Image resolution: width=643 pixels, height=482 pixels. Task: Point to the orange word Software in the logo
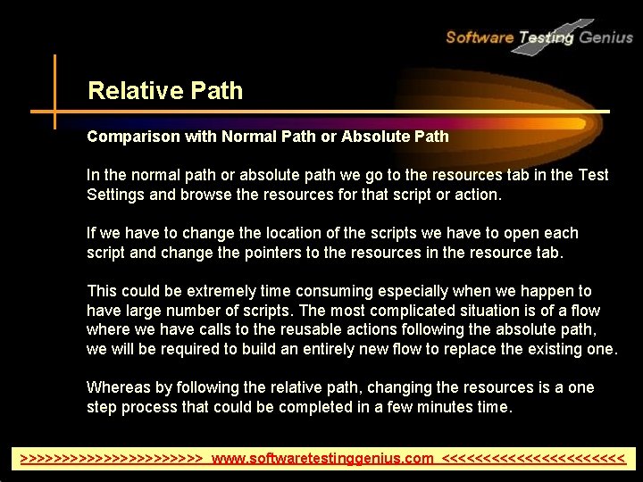pyautogui.click(x=480, y=37)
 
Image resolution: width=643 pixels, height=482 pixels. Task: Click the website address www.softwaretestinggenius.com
pyautogui.click(x=323, y=459)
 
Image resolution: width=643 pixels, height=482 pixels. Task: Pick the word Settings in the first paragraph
pyautogui.click(x=115, y=194)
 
